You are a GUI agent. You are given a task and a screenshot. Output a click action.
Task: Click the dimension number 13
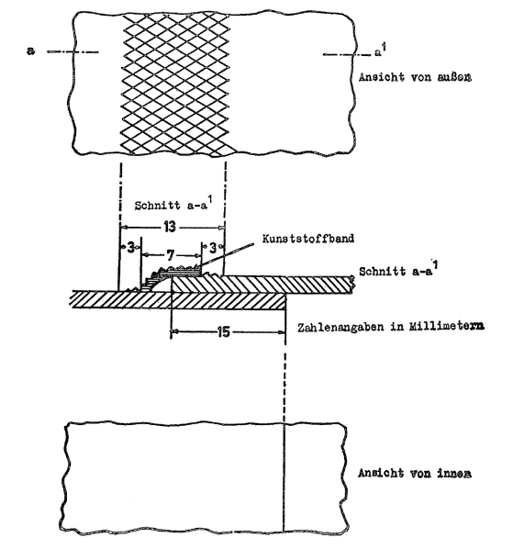click(170, 227)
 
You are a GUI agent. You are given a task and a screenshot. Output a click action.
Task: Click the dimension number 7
click(171, 255)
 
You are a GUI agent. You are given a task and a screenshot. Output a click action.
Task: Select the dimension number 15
click(224, 332)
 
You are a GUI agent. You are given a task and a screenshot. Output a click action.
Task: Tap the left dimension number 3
click(131, 247)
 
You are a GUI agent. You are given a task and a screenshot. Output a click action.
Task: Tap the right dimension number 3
click(213, 247)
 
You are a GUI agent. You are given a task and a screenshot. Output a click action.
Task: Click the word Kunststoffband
click(308, 239)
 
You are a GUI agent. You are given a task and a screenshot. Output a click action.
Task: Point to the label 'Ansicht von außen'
click(415, 77)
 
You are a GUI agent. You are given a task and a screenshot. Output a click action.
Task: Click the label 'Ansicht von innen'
click(415, 473)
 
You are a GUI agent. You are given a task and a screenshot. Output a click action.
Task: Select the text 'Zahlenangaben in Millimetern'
click(391, 327)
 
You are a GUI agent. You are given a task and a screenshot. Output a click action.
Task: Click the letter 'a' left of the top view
click(30, 50)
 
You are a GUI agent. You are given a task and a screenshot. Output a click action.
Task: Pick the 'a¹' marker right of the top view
click(380, 51)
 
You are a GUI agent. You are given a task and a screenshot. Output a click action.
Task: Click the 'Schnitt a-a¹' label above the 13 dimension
click(171, 205)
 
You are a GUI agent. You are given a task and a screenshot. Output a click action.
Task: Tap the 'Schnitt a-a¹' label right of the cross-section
click(398, 270)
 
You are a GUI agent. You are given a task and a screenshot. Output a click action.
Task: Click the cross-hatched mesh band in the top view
click(175, 85)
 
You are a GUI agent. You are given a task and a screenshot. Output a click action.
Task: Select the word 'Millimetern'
click(446, 327)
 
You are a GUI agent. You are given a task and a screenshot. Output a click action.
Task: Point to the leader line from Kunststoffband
click(225, 254)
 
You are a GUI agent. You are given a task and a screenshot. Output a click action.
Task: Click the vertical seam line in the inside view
click(284, 477)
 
